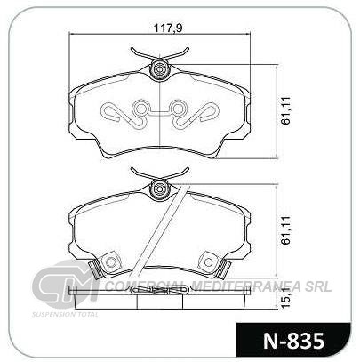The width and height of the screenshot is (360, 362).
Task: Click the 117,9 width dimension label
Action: click(167, 28)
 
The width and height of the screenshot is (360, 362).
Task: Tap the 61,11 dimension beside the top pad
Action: click(286, 110)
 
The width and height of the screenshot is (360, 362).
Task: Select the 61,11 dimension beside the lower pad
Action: click(286, 230)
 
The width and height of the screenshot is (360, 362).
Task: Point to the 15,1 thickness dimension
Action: click(286, 300)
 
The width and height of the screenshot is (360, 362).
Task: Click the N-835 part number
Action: click(293, 341)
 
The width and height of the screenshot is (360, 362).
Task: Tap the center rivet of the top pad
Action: click(160, 69)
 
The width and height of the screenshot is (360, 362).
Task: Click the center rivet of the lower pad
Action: click(160, 189)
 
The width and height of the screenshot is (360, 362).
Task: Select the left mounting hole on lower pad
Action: click(111, 262)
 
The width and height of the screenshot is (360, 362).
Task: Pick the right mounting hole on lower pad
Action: click(209, 262)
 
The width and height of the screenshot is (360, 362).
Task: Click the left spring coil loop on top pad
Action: click(140, 109)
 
